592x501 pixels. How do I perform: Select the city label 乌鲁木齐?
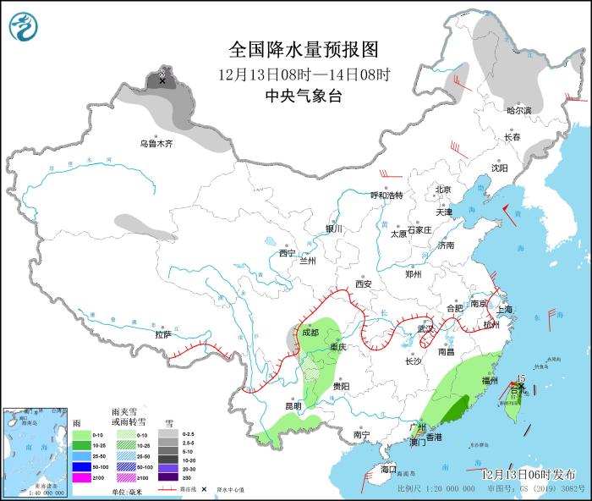point(156,144)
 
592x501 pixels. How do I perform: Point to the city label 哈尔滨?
point(519,110)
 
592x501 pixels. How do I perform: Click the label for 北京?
point(444,190)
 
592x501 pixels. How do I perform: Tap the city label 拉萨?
point(163,334)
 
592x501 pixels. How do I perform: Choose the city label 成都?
point(310,333)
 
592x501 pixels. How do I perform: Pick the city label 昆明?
point(293,405)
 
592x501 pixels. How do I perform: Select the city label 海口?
point(388,469)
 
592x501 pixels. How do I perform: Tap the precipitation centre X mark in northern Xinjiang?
point(162,81)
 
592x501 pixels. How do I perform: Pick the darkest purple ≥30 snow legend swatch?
point(169,478)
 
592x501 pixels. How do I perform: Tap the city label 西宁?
point(288,253)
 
